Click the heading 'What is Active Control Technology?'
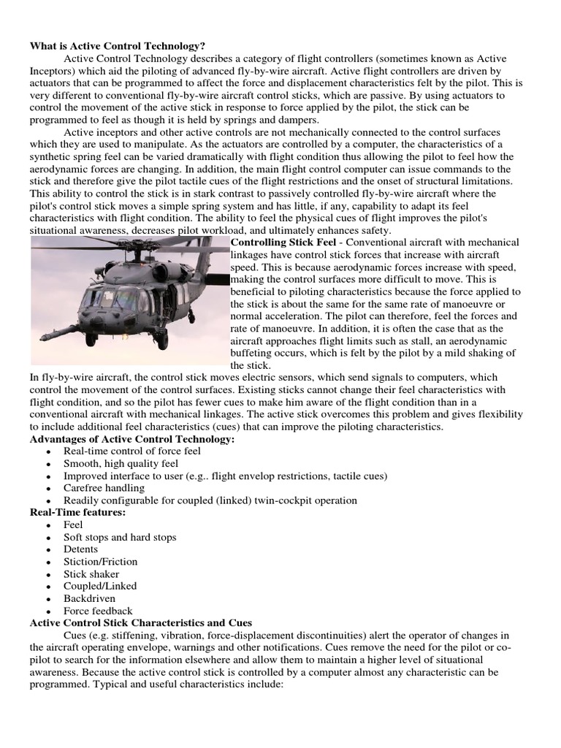click(112, 46)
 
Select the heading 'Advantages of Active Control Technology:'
click(131, 439)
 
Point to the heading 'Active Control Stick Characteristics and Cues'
click(141, 623)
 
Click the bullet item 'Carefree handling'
click(104, 488)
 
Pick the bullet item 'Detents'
click(80, 549)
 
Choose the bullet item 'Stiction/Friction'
click(100, 562)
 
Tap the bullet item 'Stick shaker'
click(91, 574)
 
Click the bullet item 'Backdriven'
click(89, 598)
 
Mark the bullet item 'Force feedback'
click(98, 611)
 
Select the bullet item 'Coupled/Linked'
click(100, 586)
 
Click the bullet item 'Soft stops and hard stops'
click(120, 537)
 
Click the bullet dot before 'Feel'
click(48, 525)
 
